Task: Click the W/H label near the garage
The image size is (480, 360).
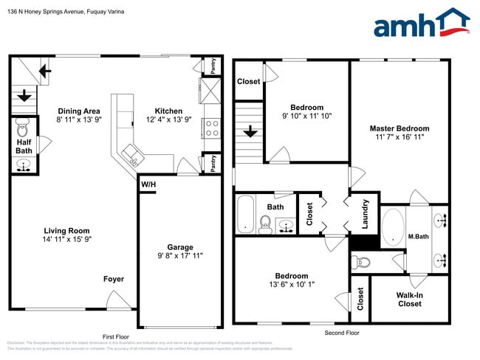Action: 148,184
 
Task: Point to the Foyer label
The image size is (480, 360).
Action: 114,279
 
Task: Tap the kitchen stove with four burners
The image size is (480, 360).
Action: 211,128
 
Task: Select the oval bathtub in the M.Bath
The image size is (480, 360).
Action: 392,227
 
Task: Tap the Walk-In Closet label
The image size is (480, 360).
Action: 409,300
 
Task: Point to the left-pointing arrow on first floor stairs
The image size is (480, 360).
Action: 45,71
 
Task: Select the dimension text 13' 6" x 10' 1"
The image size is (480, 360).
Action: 290,286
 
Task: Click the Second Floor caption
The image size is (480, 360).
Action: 341,333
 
